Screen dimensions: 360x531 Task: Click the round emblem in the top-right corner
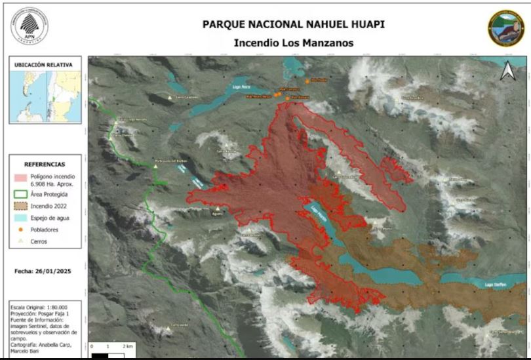[506, 28]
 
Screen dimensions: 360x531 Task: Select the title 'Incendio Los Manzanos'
[293, 43]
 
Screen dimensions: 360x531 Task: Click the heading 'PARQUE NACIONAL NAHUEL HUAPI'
[293, 25]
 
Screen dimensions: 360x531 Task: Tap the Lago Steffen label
[494, 285]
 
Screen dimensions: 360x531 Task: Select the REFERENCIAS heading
[45, 164]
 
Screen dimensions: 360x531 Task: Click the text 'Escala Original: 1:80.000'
[41, 308]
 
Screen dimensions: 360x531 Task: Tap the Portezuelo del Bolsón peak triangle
[155, 167]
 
